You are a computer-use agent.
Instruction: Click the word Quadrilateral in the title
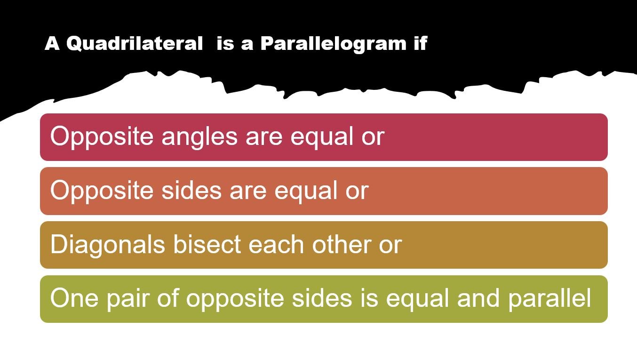135,44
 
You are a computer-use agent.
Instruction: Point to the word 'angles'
199,137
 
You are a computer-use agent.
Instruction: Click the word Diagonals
107,245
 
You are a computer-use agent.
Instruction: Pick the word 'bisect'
207,244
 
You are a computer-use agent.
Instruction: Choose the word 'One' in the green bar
74,298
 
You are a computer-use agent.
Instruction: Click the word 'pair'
128,300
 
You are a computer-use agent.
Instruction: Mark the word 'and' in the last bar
478,298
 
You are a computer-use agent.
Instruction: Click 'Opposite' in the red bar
102,137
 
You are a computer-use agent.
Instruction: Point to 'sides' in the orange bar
191,190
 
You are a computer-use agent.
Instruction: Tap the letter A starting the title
52,43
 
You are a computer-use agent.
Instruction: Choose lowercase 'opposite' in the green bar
235,300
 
